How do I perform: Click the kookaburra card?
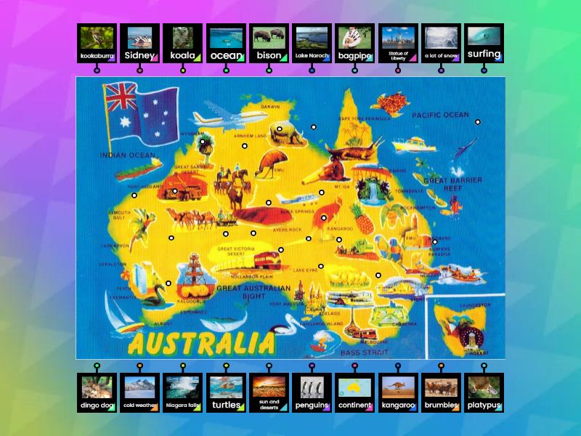tap(97, 43)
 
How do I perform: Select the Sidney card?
tap(139, 43)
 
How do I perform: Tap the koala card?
tap(182, 43)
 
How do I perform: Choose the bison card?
tap(269, 43)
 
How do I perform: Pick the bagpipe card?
tap(355, 43)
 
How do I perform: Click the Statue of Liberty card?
tap(398, 43)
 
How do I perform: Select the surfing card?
tap(484, 43)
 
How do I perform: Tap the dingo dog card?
tap(97, 392)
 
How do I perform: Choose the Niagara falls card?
tap(182, 392)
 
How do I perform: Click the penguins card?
tap(312, 392)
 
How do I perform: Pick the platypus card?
tap(484, 392)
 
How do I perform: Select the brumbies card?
tap(441, 392)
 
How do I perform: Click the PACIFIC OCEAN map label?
tap(440, 116)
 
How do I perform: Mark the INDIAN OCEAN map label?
tap(127, 156)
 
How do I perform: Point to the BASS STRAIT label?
tap(361, 352)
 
